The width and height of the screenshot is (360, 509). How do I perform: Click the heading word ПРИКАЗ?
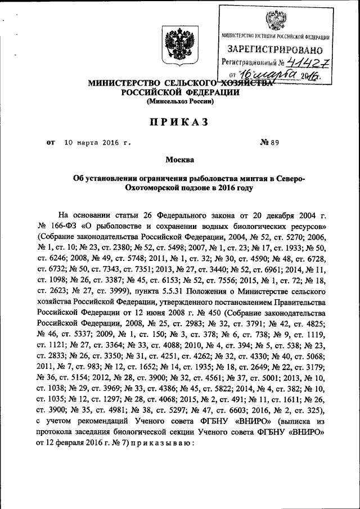(x=180, y=121)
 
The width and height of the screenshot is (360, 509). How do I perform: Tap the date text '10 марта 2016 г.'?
(x=97, y=143)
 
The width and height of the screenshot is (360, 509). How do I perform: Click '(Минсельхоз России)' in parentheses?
(x=180, y=102)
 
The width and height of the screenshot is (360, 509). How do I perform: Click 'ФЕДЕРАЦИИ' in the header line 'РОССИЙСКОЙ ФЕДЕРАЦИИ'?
(x=211, y=92)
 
